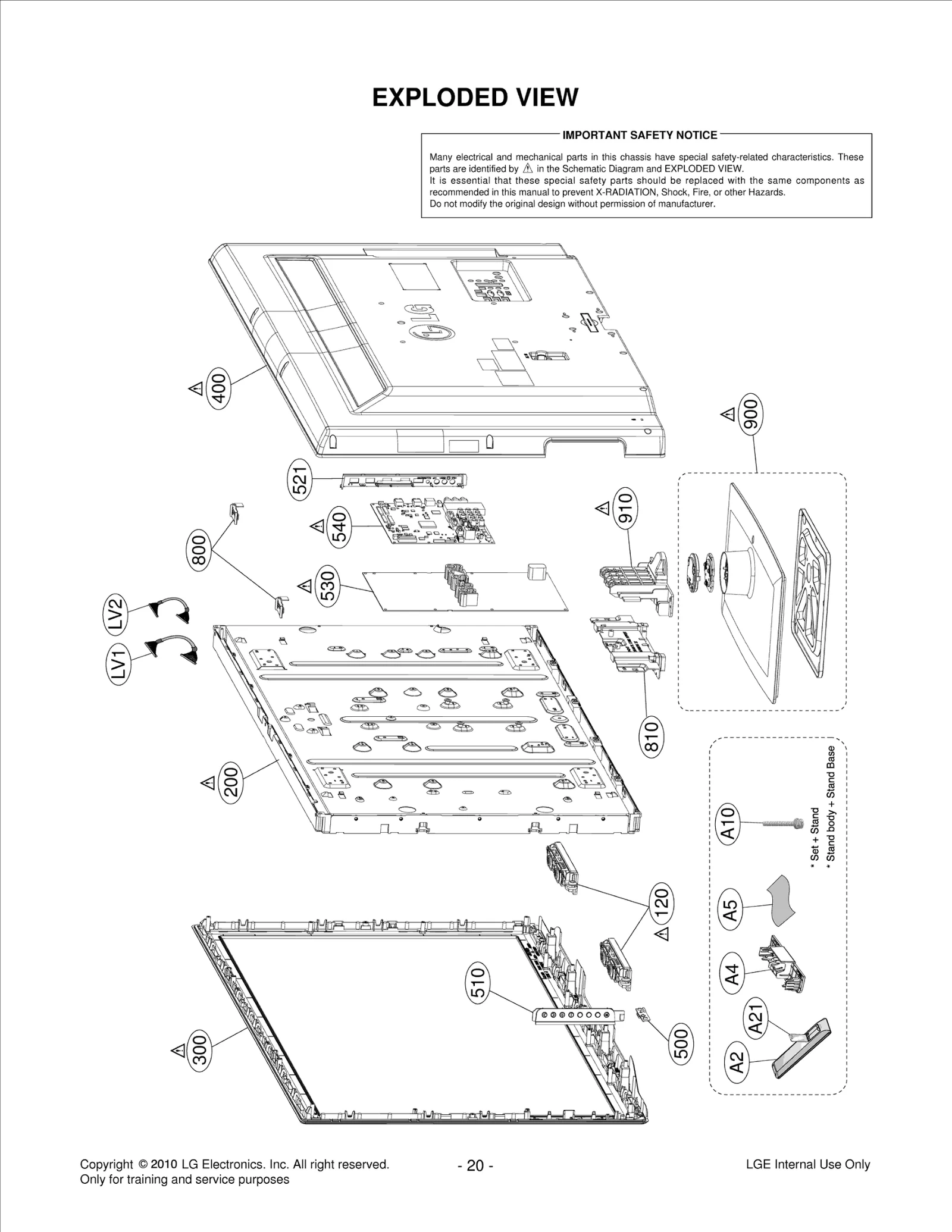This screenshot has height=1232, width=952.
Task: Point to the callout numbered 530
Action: [x=328, y=586]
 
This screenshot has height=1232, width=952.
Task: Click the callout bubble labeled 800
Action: [x=199, y=550]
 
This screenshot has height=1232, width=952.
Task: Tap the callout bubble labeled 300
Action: [x=200, y=1050]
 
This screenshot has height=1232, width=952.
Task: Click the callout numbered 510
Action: [x=478, y=983]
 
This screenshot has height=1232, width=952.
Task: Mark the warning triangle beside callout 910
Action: [x=602, y=509]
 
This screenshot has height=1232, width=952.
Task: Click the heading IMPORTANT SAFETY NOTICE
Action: [x=640, y=135]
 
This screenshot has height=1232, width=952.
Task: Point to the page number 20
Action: [x=475, y=1165]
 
